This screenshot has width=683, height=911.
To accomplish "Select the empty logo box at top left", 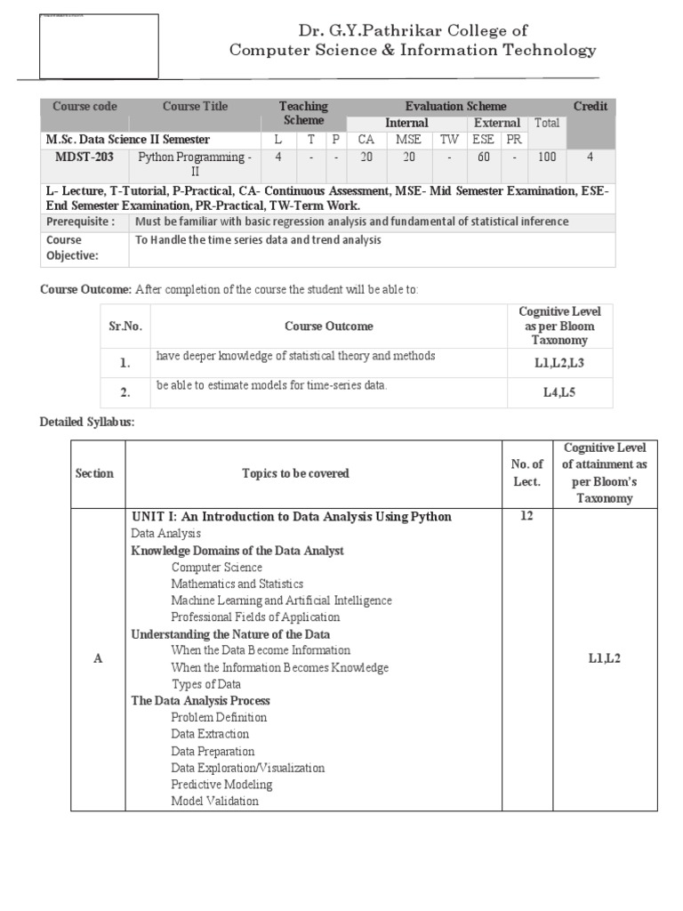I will (99, 45).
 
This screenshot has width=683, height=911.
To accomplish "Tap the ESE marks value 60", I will (484, 157).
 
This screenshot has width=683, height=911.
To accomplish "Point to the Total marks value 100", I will (546, 157).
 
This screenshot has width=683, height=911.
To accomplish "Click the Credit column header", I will (590, 107).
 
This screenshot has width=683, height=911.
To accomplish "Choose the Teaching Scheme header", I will (303, 113).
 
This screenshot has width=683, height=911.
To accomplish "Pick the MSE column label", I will (408, 140).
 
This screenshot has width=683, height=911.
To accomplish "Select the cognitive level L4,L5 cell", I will (559, 391).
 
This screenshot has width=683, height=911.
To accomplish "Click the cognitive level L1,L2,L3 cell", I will (559, 362).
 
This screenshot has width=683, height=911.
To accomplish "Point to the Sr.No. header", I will (125, 327).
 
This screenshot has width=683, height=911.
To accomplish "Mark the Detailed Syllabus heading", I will (87, 422).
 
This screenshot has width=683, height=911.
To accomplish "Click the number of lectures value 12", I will (526, 517).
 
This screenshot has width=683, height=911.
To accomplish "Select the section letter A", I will (98, 659).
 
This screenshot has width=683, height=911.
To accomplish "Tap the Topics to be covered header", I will (296, 473).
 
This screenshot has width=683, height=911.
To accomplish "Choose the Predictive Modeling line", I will (221, 785).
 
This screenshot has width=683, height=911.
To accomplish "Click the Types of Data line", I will (205, 684).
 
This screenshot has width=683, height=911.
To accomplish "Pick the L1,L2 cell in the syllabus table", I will (605, 659).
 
